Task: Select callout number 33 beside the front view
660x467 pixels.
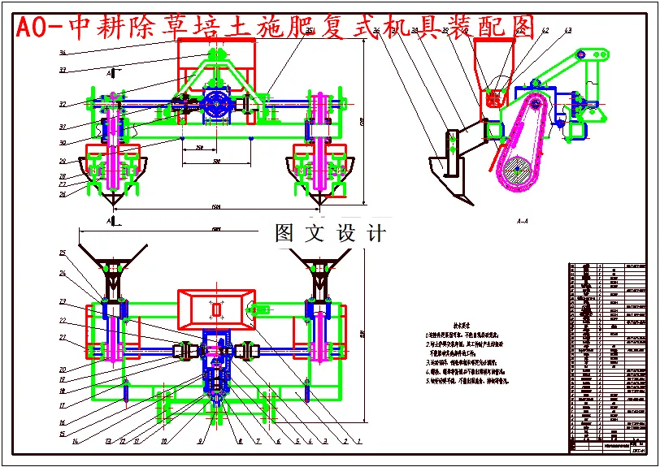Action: [x=63, y=70]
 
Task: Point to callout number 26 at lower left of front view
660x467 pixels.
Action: [x=63, y=194]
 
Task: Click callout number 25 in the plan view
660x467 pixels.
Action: [x=63, y=253]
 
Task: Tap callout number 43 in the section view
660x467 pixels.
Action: [x=567, y=30]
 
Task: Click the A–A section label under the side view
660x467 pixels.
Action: [x=523, y=220]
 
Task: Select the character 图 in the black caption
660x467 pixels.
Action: [x=284, y=234]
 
